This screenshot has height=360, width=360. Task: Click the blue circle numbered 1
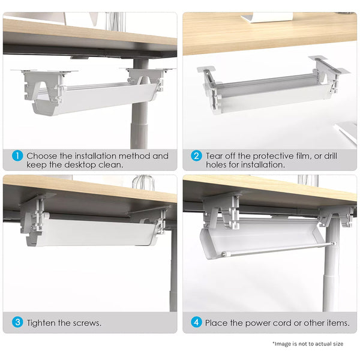tap(17, 156)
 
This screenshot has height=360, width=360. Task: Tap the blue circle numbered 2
tap(196, 156)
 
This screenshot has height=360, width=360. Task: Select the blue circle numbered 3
tap(17, 322)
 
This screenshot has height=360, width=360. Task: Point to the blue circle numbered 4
tap(196, 322)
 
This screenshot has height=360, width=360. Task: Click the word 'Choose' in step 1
tap(42, 156)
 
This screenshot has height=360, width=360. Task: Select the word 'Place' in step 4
tap(217, 323)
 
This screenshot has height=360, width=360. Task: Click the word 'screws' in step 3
tap(86, 323)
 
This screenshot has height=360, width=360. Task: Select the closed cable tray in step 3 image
tap(90, 231)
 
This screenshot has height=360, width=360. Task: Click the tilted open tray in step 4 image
tap(264, 237)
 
